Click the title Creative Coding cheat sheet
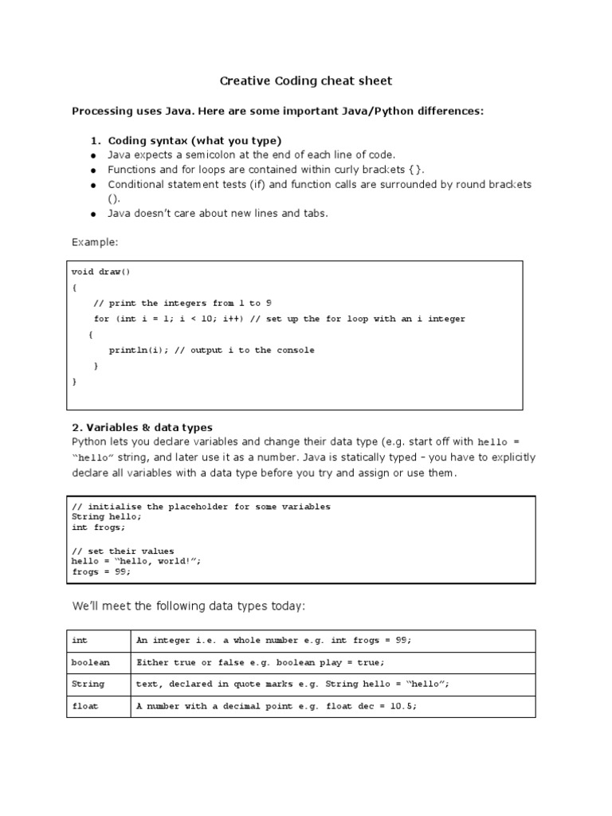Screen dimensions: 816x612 tap(306, 81)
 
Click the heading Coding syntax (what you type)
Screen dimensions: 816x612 tap(194, 140)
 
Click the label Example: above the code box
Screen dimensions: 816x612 tap(95, 241)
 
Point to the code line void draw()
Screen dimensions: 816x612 tap(100, 272)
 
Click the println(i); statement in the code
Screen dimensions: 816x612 tap(136, 350)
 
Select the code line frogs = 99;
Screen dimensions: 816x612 tap(100, 571)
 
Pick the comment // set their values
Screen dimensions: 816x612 tap(123, 551)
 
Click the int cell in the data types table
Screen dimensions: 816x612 tap(80, 640)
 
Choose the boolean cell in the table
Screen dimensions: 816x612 tap(91, 662)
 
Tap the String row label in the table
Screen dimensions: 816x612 tap(88, 684)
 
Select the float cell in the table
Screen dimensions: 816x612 tap(85, 706)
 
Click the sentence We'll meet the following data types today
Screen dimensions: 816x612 tap(188, 606)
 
